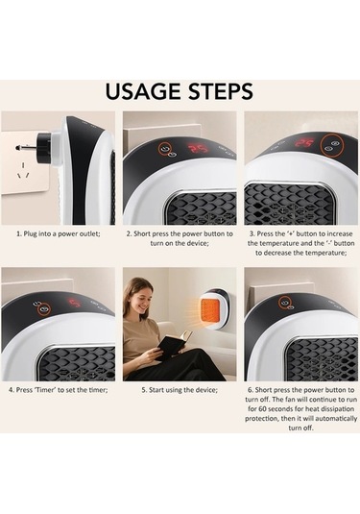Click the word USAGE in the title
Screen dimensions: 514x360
(x=143, y=91)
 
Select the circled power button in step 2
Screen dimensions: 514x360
(x=165, y=149)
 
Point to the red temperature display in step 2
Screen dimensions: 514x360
(x=198, y=149)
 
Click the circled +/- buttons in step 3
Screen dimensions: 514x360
(x=331, y=146)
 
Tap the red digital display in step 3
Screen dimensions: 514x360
(x=304, y=142)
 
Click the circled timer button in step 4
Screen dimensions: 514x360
(x=42, y=309)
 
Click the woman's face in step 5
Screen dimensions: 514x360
(x=144, y=291)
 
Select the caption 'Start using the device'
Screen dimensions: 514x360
(x=180, y=390)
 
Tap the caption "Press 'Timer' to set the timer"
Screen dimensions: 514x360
(x=59, y=390)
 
